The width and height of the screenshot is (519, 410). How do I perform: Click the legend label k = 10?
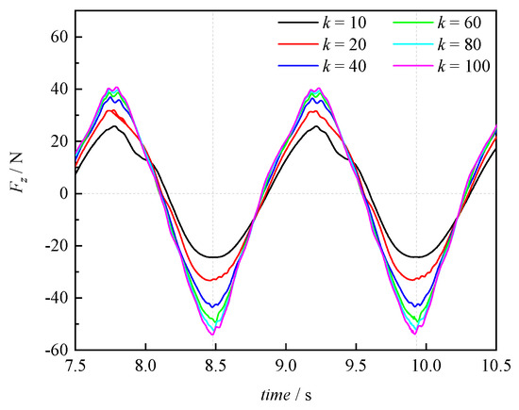tap(344, 23)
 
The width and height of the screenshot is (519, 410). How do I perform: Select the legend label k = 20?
tap(344, 44)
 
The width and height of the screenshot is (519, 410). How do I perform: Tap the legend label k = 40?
tap(344, 66)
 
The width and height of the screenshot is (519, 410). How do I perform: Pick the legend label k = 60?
tap(460, 23)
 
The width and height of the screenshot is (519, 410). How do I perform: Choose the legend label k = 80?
tap(460, 44)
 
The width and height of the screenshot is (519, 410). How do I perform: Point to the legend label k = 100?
tap(463, 66)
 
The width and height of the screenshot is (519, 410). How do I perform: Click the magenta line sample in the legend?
tap(412, 66)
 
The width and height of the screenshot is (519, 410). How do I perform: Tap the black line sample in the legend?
tap(298, 23)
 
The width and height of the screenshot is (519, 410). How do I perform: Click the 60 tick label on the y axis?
tap(59, 37)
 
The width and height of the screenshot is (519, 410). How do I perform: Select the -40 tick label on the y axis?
tap(57, 298)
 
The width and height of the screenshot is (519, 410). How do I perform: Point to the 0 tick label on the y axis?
tap(64, 193)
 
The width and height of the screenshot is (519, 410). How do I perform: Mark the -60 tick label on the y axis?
tap(57, 351)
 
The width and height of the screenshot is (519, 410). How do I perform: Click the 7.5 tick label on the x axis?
tap(75, 367)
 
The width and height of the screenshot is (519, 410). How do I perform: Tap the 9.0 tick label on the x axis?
tap(286, 367)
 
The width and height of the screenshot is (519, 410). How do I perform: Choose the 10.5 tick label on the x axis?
tap(496, 367)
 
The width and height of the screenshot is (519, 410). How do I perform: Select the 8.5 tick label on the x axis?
tap(216, 367)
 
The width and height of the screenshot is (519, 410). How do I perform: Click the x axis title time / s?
tap(286, 395)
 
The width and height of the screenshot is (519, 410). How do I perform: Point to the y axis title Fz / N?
tap(18, 172)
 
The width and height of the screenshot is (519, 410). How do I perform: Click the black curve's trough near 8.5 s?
tap(214, 257)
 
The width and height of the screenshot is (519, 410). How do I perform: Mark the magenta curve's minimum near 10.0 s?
tap(415, 334)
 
